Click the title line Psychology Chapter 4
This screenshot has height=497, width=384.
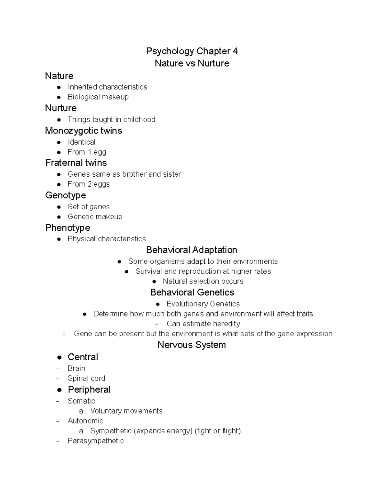[x=192, y=51]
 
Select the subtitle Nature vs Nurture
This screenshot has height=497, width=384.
[x=192, y=63]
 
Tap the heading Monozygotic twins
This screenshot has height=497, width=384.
[x=84, y=131]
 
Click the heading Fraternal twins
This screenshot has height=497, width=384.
[x=76, y=163]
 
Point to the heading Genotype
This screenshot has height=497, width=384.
[x=66, y=195]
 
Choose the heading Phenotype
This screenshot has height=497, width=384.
[x=68, y=228]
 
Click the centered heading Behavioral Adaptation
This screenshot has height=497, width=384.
[x=191, y=250]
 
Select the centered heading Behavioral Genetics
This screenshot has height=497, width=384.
[x=192, y=293]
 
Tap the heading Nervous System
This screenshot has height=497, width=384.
[x=191, y=345]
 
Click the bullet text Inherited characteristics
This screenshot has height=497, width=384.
[x=107, y=87]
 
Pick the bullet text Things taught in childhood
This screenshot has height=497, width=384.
[x=111, y=120]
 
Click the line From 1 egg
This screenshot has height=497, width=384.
[x=87, y=152]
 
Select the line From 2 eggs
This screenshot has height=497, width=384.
[x=89, y=184]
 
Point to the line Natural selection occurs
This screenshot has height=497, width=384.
[x=203, y=281]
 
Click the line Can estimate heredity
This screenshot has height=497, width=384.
[x=203, y=324]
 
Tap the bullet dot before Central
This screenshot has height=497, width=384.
[x=59, y=357]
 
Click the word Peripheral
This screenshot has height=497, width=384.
[x=89, y=389]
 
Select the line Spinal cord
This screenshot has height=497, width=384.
[x=86, y=378]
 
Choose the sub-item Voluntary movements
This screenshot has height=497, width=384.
[x=126, y=411]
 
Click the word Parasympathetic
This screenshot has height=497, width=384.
[x=96, y=441]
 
